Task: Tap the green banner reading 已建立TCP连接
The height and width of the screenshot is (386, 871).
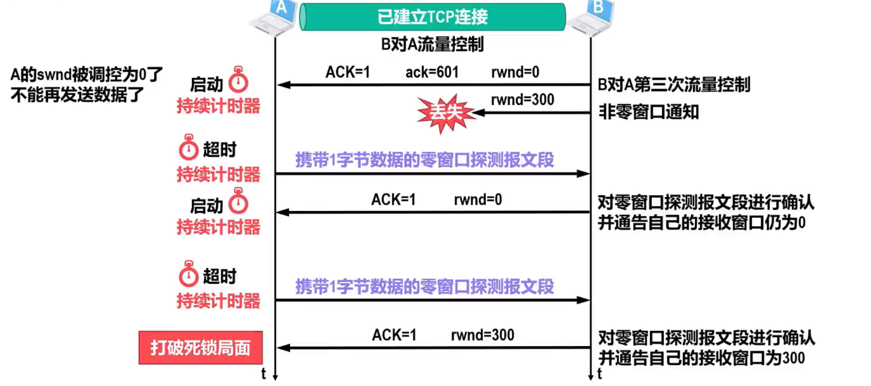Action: tap(433, 16)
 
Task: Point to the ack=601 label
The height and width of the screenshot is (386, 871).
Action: tap(431, 72)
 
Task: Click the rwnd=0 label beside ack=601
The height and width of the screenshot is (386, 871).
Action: tap(515, 72)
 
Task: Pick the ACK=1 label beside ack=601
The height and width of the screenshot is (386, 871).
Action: tap(348, 72)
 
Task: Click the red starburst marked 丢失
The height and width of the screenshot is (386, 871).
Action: tap(446, 113)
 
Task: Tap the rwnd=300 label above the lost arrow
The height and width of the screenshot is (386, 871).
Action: tap(522, 100)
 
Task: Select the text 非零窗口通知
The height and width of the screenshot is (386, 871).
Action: tap(649, 112)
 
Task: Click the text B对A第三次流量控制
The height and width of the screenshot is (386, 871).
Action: tap(674, 84)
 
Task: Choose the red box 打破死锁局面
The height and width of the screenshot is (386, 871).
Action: tap(200, 348)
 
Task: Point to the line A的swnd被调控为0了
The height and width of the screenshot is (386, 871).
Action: tap(87, 75)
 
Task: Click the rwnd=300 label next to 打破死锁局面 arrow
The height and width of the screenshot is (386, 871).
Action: tap(482, 335)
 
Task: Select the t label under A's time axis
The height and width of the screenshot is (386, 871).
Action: tap(264, 374)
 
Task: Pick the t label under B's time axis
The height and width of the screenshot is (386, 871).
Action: tap(599, 374)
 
